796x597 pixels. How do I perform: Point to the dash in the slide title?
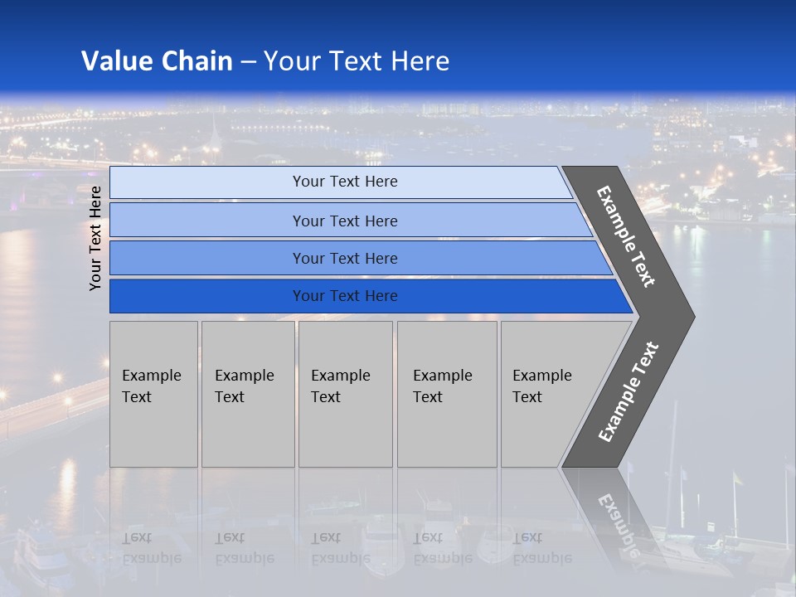pyautogui.click(x=248, y=62)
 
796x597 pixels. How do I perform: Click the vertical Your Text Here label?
pyautogui.click(x=95, y=238)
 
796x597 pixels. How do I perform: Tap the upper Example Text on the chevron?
pyautogui.click(x=626, y=236)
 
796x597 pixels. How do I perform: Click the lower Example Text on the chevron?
pyautogui.click(x=629, y=391)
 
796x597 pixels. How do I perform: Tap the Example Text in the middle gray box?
pyautogui.click(x=340, y=386)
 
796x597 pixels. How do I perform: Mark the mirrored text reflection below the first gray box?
pyautogui.click(x=151, y=547)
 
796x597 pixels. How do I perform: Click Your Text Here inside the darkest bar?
pyautogui.click(x=345, y=296)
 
